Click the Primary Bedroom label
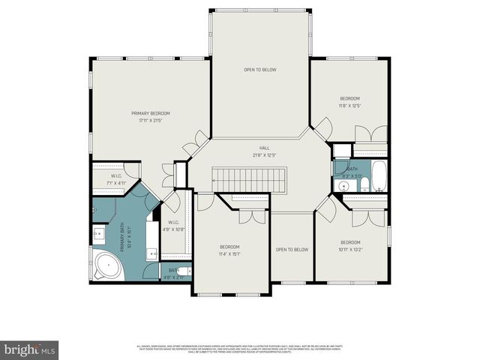(151, 112)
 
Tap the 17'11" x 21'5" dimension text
(151, 120)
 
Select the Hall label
(264, 148)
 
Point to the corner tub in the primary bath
(106, 265)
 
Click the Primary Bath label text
(130, 236)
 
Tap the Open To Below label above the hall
(260, 70)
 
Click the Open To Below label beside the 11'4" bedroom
(292, 249)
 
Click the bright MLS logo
(29, 349)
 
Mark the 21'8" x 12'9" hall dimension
(264, 155)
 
